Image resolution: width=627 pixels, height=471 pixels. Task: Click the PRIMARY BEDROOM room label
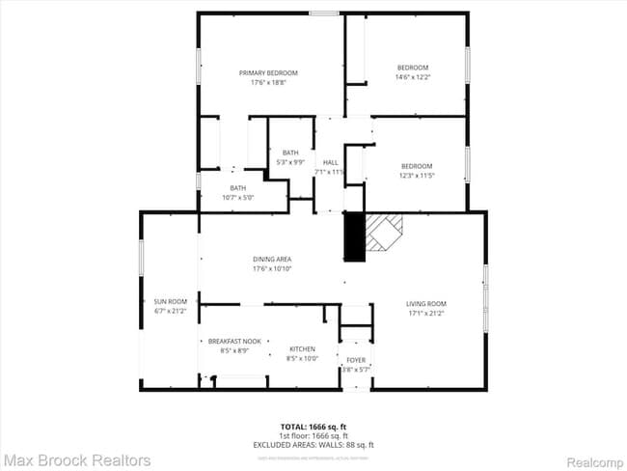(x=268, y=72)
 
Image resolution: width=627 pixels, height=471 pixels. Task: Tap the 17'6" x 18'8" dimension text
(x=268, y=82)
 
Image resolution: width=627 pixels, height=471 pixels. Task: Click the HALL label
(x=331, y=162)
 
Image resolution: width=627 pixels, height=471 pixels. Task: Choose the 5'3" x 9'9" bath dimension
(x=290, y=162)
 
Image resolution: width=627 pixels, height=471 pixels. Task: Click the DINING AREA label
(x=272, y=259)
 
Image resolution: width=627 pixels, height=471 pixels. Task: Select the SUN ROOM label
(x=169, y=301)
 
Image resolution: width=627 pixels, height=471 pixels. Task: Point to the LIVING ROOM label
(x=425, y=304)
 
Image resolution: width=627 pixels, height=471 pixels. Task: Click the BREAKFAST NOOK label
(x=234, y=341)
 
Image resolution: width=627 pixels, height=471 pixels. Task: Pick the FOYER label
(x=356, y=360)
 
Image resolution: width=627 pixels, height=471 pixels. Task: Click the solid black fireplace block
(x=354, y=236)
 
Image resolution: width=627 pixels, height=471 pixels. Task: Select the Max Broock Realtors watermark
(x=76, y=460)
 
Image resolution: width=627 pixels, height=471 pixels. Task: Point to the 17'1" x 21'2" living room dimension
(x=425, y=314)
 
